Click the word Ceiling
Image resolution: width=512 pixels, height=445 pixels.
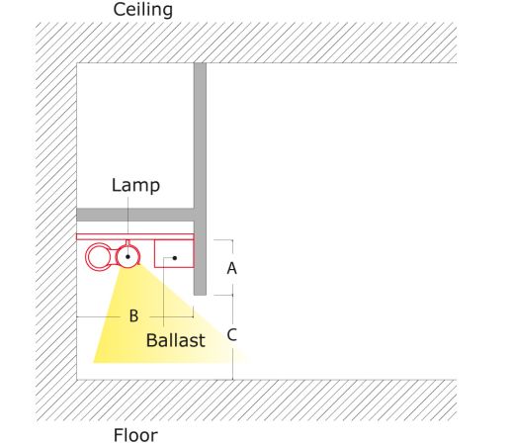[x=142, y=10]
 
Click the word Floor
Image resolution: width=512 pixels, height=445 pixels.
[x=135, y=435]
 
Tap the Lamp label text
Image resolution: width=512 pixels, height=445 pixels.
[x=135, y=186]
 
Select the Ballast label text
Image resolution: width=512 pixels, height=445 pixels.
[x=176, y=340]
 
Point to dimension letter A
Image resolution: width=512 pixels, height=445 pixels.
[x=231, y=268]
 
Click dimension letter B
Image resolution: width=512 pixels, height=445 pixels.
[x=133, y=315]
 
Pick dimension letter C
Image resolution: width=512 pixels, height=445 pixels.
[x=231, y=334]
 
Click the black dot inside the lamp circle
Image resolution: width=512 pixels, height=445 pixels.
[x=128, y=256]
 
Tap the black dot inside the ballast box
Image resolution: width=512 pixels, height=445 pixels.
[x=175, y=258]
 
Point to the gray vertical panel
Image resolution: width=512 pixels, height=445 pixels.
[x=200, y=179]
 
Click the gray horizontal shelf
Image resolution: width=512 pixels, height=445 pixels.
[x=135, y=215]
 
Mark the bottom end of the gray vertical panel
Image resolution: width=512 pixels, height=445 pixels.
[x=200, y=295]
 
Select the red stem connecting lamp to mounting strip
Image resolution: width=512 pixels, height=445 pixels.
[x=128, y=242]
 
